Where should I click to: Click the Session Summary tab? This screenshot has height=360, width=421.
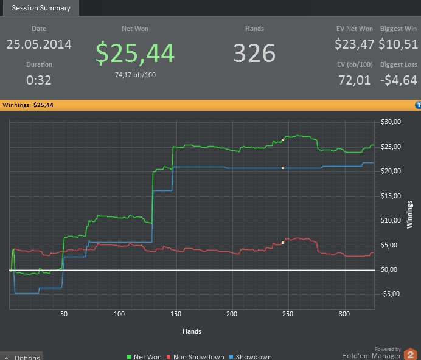click(x=41, y=8)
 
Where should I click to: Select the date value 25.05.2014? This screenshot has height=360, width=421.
click(x=39, y=44)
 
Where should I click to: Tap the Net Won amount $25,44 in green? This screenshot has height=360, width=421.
click(x=135, y=54)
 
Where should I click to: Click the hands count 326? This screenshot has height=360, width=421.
click(x=254, y=54)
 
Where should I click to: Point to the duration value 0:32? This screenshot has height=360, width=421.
click(x=39, y=80)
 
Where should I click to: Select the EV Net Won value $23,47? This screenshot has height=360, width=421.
click(x=354, y=44)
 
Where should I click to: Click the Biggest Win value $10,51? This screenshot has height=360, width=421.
click(x=398, y=44)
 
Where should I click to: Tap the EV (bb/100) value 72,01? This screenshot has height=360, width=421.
click(x=354, y=80)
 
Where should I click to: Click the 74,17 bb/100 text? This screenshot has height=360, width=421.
click(x=135, y=75)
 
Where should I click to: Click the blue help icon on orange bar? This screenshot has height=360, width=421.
click(x=418, y=105)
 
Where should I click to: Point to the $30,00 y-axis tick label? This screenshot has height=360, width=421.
click(x=390, y=122)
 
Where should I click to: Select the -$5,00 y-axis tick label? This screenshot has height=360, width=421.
click(x=389, y=294)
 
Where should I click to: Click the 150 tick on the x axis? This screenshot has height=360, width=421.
click(x=175, y=314)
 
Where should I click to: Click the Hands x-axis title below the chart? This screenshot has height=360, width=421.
click(x=192, y=331)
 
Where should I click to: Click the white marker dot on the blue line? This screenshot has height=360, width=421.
click(x=283, y=167)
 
